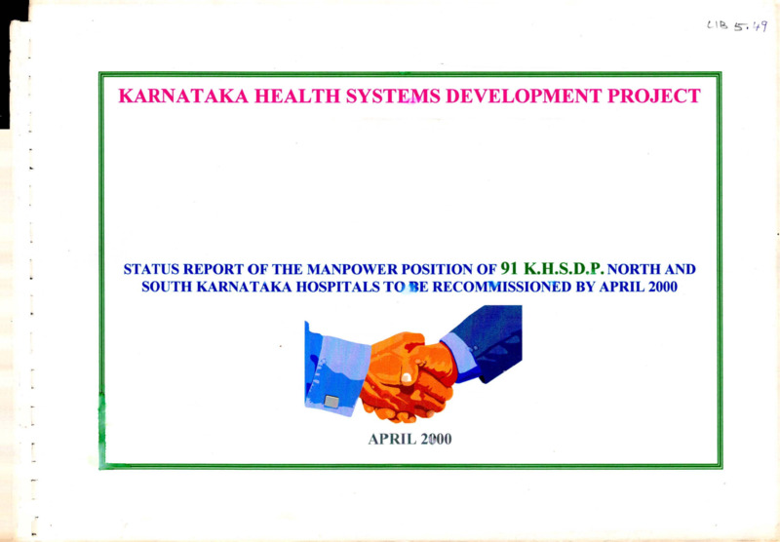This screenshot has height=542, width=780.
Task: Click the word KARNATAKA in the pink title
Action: coord(183,96)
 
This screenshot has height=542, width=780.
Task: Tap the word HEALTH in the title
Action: coord(296,96)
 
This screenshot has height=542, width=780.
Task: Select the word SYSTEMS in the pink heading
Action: coord(393,96)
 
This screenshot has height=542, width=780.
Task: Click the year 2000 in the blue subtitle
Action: coord(663,288)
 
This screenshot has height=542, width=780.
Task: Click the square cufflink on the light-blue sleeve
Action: coord(331,402)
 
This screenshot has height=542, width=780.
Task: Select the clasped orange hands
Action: coord(408,378)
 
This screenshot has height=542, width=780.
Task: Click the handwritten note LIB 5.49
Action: coord(737,26)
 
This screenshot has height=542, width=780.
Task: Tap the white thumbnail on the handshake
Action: coord(407,377)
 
